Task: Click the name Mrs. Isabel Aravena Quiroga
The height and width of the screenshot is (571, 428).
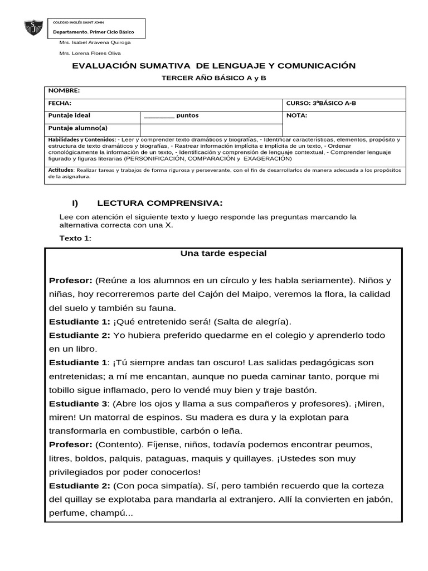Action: click(x=95, y=42)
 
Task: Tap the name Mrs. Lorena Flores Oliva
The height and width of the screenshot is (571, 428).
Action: click(x=90, y=54)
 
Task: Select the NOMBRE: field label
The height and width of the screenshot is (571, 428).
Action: click(x=64, y=90)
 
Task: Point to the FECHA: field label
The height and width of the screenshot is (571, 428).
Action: click(x=60, y=103)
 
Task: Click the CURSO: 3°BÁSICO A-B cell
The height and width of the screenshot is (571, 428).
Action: click(x=322, y=103)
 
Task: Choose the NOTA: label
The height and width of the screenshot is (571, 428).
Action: click(x=296, y=116)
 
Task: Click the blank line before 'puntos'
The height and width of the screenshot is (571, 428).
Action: click(x=158, y=117)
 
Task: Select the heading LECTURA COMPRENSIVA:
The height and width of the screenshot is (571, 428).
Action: click(x=160, y=202)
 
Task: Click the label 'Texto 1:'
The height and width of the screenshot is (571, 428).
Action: click(x=75, y=239)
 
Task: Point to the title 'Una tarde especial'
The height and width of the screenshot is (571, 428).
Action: click(x=223, y=254)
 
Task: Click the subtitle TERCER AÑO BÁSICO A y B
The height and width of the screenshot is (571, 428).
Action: click(x=213, y=78)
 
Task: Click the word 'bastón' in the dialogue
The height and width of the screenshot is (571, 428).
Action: click(x=304, y=390)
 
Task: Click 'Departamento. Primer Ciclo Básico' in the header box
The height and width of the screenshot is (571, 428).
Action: click(x=93, y=32)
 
